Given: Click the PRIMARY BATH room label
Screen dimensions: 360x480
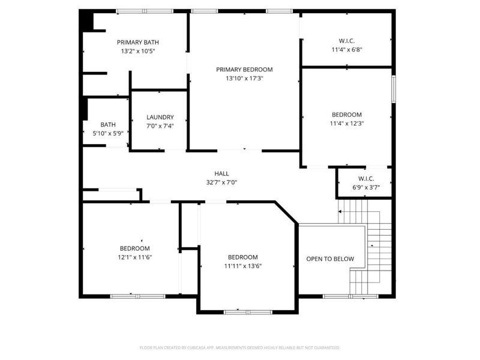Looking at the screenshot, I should pos(137,42).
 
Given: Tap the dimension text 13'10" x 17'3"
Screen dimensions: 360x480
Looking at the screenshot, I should pos(244,78).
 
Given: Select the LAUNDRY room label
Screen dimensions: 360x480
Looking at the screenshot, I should pos(160,117).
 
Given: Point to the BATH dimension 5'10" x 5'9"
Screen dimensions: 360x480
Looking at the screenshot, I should pos(108,133).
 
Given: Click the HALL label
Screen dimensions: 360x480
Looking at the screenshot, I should pos(222,173).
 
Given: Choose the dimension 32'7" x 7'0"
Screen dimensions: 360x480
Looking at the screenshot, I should pos(222,182).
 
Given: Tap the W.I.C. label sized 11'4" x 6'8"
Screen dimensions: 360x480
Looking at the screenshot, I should pos(347,41).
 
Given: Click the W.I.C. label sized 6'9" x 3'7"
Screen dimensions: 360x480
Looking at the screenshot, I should pos(365,178).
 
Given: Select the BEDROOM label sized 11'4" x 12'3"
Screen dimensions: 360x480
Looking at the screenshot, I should pos(347,115).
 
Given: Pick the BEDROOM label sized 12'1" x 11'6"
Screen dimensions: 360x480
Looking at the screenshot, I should pos(134,248).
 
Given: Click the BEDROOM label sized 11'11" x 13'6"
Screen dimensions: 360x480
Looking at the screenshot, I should pos(242,257).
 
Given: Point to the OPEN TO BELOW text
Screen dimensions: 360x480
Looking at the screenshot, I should pos(330,259).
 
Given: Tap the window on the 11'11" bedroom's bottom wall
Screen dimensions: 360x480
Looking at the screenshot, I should pos(247,311).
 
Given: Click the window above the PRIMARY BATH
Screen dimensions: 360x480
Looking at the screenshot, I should pos(144,11).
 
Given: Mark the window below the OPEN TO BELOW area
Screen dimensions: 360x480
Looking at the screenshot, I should pos(347,296).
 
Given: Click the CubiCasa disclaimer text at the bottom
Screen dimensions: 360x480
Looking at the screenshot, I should pos(239,347).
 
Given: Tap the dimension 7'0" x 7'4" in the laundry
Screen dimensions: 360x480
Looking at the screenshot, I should pos(160,126).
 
